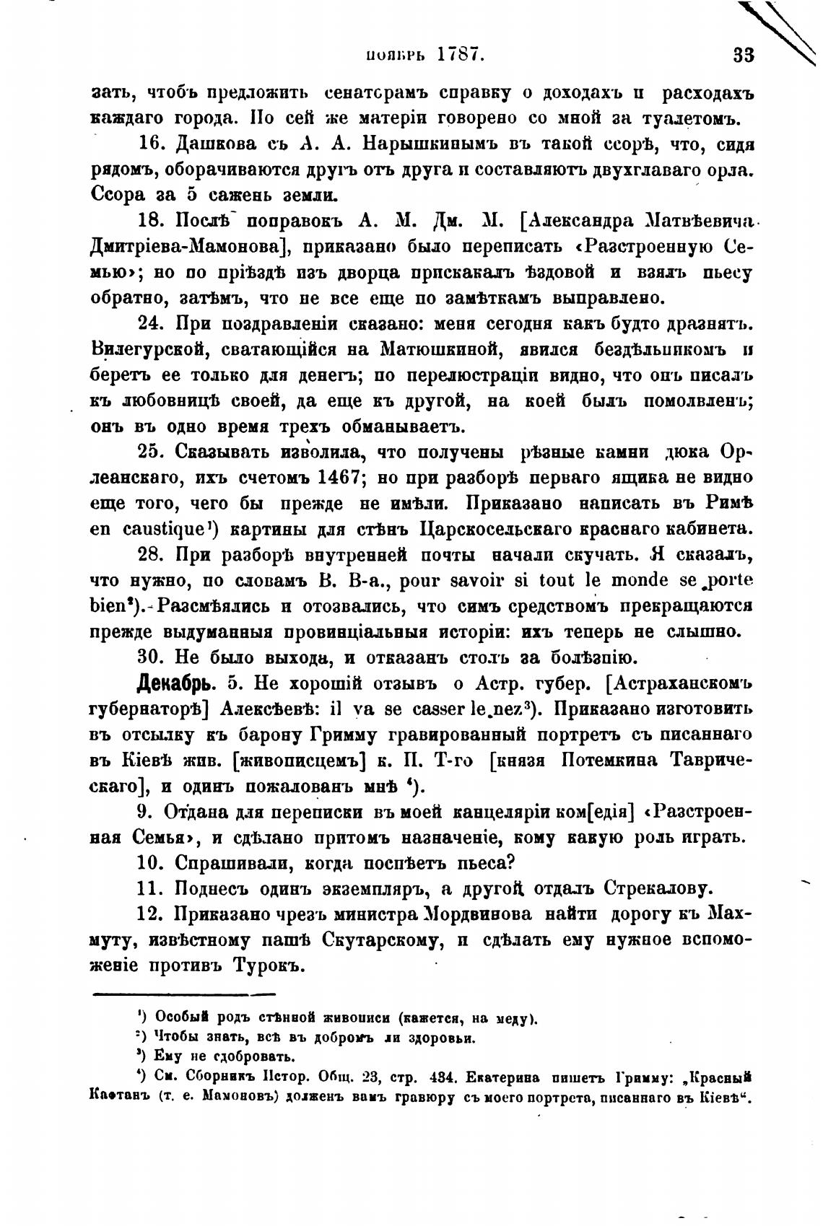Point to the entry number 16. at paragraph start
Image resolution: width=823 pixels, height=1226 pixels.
[x=152, y=143]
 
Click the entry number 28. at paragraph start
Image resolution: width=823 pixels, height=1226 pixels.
[x=152, y=555]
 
